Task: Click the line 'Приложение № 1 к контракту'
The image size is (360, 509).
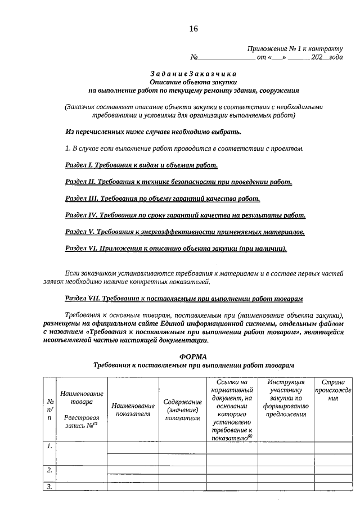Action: (295, 49)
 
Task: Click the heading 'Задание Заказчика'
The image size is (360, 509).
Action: (193, 74)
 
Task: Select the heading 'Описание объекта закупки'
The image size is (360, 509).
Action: (193, 82)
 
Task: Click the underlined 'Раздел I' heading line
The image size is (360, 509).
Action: (141, 165)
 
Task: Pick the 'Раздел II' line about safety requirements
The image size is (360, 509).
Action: (178, 182)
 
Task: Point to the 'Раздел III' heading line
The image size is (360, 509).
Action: (163, 199)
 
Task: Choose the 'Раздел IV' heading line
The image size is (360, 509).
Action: (185, 215)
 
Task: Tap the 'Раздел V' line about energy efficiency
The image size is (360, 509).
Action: (185, 232)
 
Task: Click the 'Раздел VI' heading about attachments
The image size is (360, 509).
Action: (176, 249)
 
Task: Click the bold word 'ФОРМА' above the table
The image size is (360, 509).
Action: (193, 357)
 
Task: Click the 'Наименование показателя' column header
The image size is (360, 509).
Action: (133, 409)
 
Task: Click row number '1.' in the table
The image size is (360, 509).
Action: (49, 446)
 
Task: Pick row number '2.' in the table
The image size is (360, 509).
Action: (49, 470)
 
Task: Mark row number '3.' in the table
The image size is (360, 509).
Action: (49, 487)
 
